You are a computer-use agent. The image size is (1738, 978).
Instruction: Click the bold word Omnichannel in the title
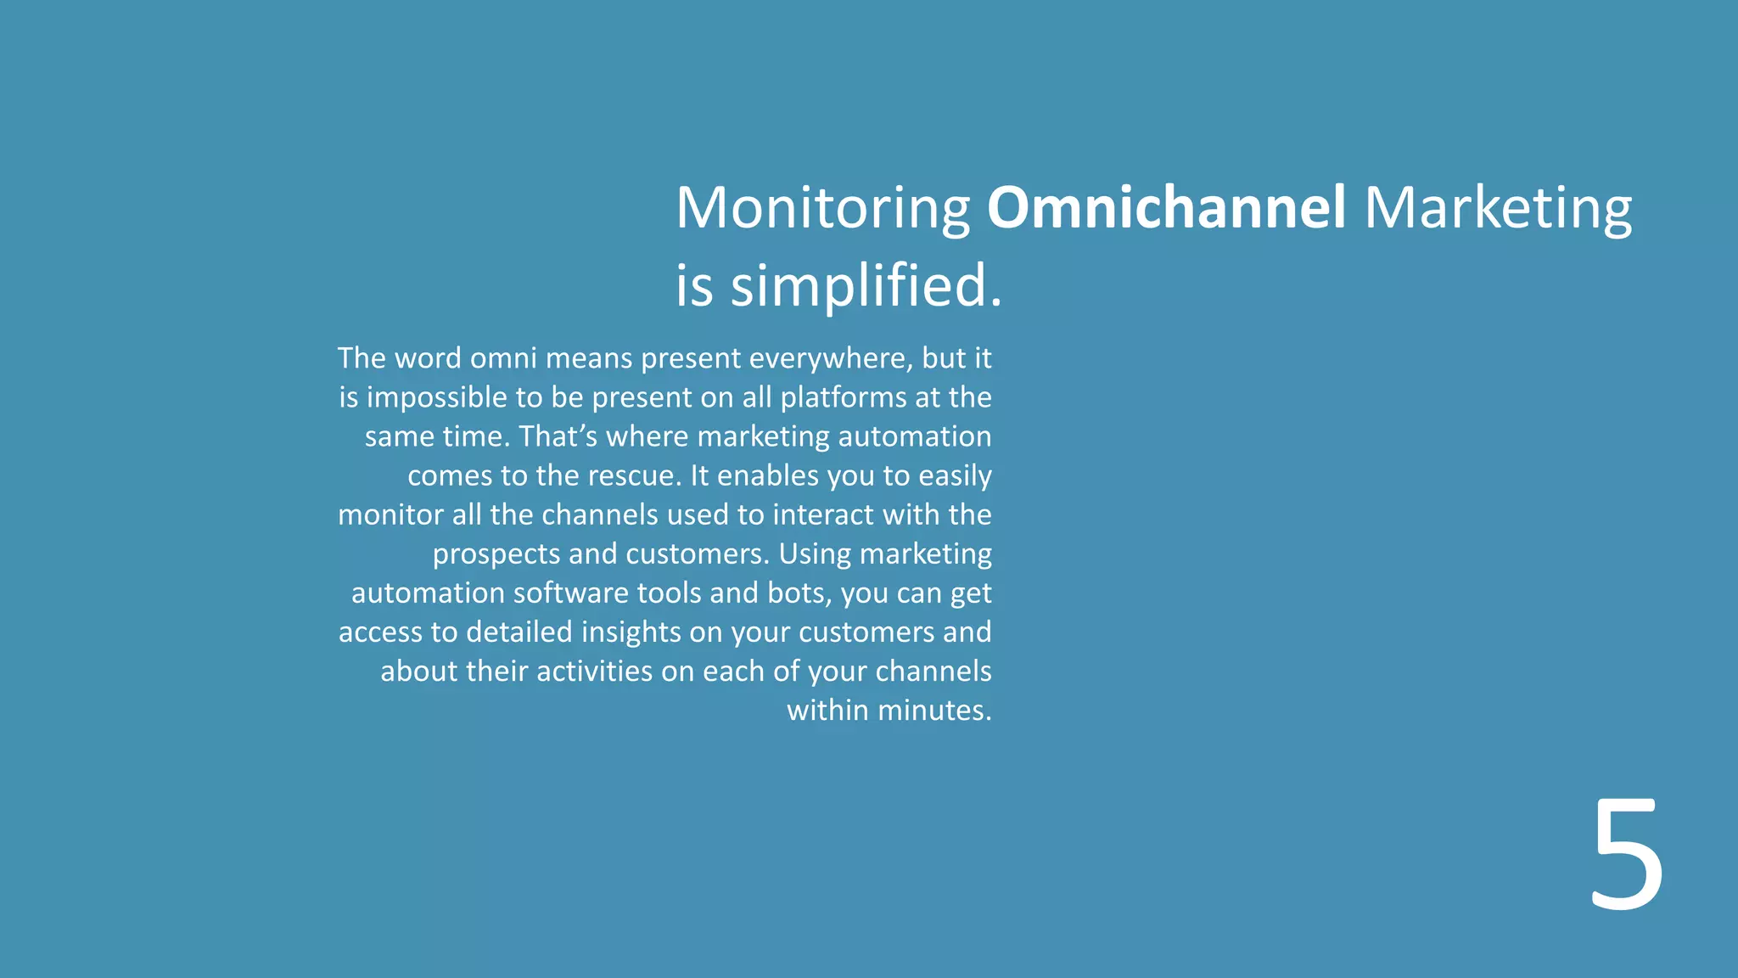tap(1166, 208)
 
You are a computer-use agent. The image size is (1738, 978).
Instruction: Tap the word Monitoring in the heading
tap(822, 208)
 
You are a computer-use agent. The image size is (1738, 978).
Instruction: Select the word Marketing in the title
tap(1498, 208)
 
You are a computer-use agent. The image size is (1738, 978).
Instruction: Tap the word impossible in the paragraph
tap(436, 397)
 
